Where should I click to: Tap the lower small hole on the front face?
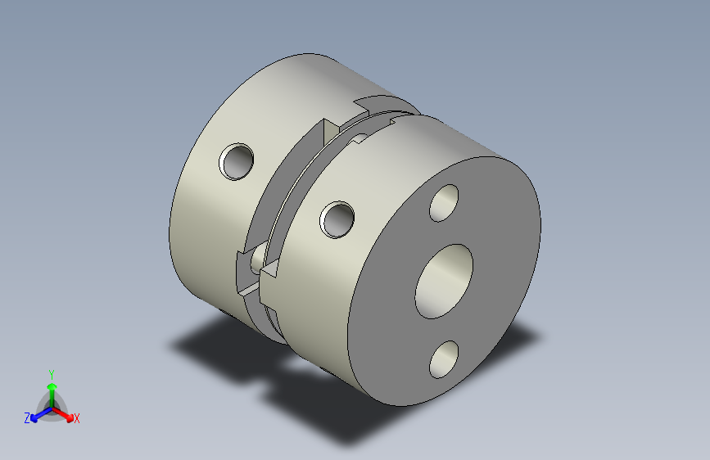point(445,359)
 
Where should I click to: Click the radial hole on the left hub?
point(237,160)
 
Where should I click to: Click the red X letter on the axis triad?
point(76,418)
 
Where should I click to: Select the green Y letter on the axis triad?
point(51,372)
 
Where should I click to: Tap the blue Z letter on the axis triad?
point(27,417)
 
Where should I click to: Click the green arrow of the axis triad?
point(51,389)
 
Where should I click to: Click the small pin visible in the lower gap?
point(258,257)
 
